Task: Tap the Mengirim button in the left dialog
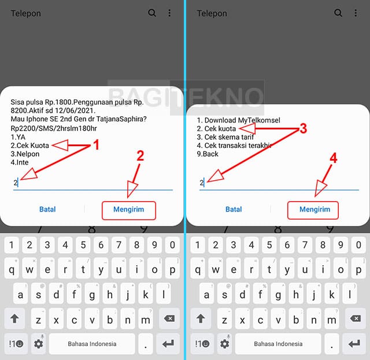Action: click(x=129, y=210)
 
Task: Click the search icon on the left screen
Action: click(x=152, y=13)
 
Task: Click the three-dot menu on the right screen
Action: click(x=356, y=13)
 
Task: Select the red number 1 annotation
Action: click(x=96, y=144)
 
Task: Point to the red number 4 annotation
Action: click(x=333, y=158)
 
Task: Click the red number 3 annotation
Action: click(x=303, y=128)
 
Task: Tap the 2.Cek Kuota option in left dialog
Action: click(x=29, y=146)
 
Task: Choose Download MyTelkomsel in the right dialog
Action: click(x=239, y=120)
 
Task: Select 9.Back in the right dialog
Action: click(x=208, y=154)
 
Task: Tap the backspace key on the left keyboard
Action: click(x=169, y=318)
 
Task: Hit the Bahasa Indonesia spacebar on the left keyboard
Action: click(x=92, y=344)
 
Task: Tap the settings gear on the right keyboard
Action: click(x=224, y=344)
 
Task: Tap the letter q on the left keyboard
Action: click(x=12, y=269)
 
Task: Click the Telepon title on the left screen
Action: click(x=25, y=13)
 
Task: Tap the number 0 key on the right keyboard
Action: click(x=358, y=245)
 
